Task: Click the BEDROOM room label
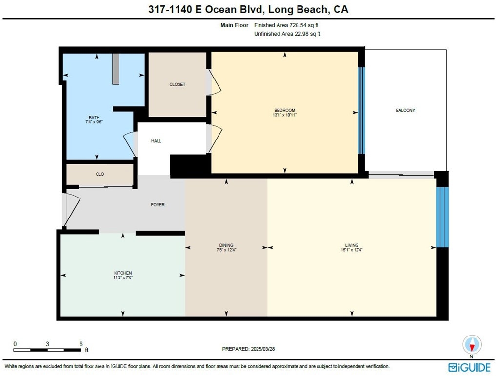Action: click(x=285, y=110)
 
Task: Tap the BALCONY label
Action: click(x=405, y=110)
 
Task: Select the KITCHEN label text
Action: click(x=123, y=273)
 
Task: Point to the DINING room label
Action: click(x=226, y=245)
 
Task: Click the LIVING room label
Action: click(x=352, y=245)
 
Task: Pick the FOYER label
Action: click(x=158, y=205)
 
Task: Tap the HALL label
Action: click(x=156, y=141)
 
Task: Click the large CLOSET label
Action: click(x=177, y=85)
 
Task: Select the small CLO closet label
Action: click(x=100, y=174)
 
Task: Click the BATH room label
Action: click(x=94, y=118)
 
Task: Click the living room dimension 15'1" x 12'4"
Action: click(x=352, y=250)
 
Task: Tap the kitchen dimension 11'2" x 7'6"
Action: click(x=123, y=277)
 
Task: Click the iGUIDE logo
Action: click(x=469, y=367)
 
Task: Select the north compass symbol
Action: click(x=472, y=345)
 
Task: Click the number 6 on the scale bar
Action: click(x=81, y=344)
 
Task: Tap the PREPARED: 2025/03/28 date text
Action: click(x=249, y=349)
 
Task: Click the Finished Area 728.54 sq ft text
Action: click(x=286, y=25)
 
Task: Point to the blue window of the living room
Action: click(x=442, y=217)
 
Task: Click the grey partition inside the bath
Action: click(x=116, y=69)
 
